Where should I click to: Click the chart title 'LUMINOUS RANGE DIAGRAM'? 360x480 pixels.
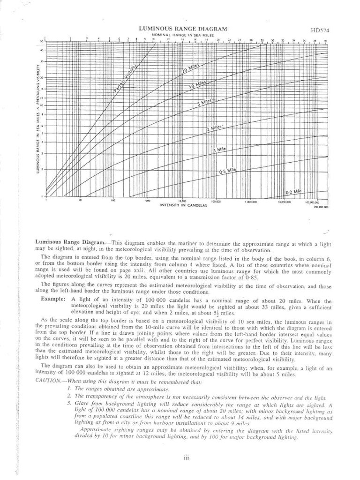(x=183, y=29)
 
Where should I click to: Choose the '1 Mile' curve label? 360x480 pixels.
(x=220, y=149)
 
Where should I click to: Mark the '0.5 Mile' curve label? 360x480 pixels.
(x=228, y=172)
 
